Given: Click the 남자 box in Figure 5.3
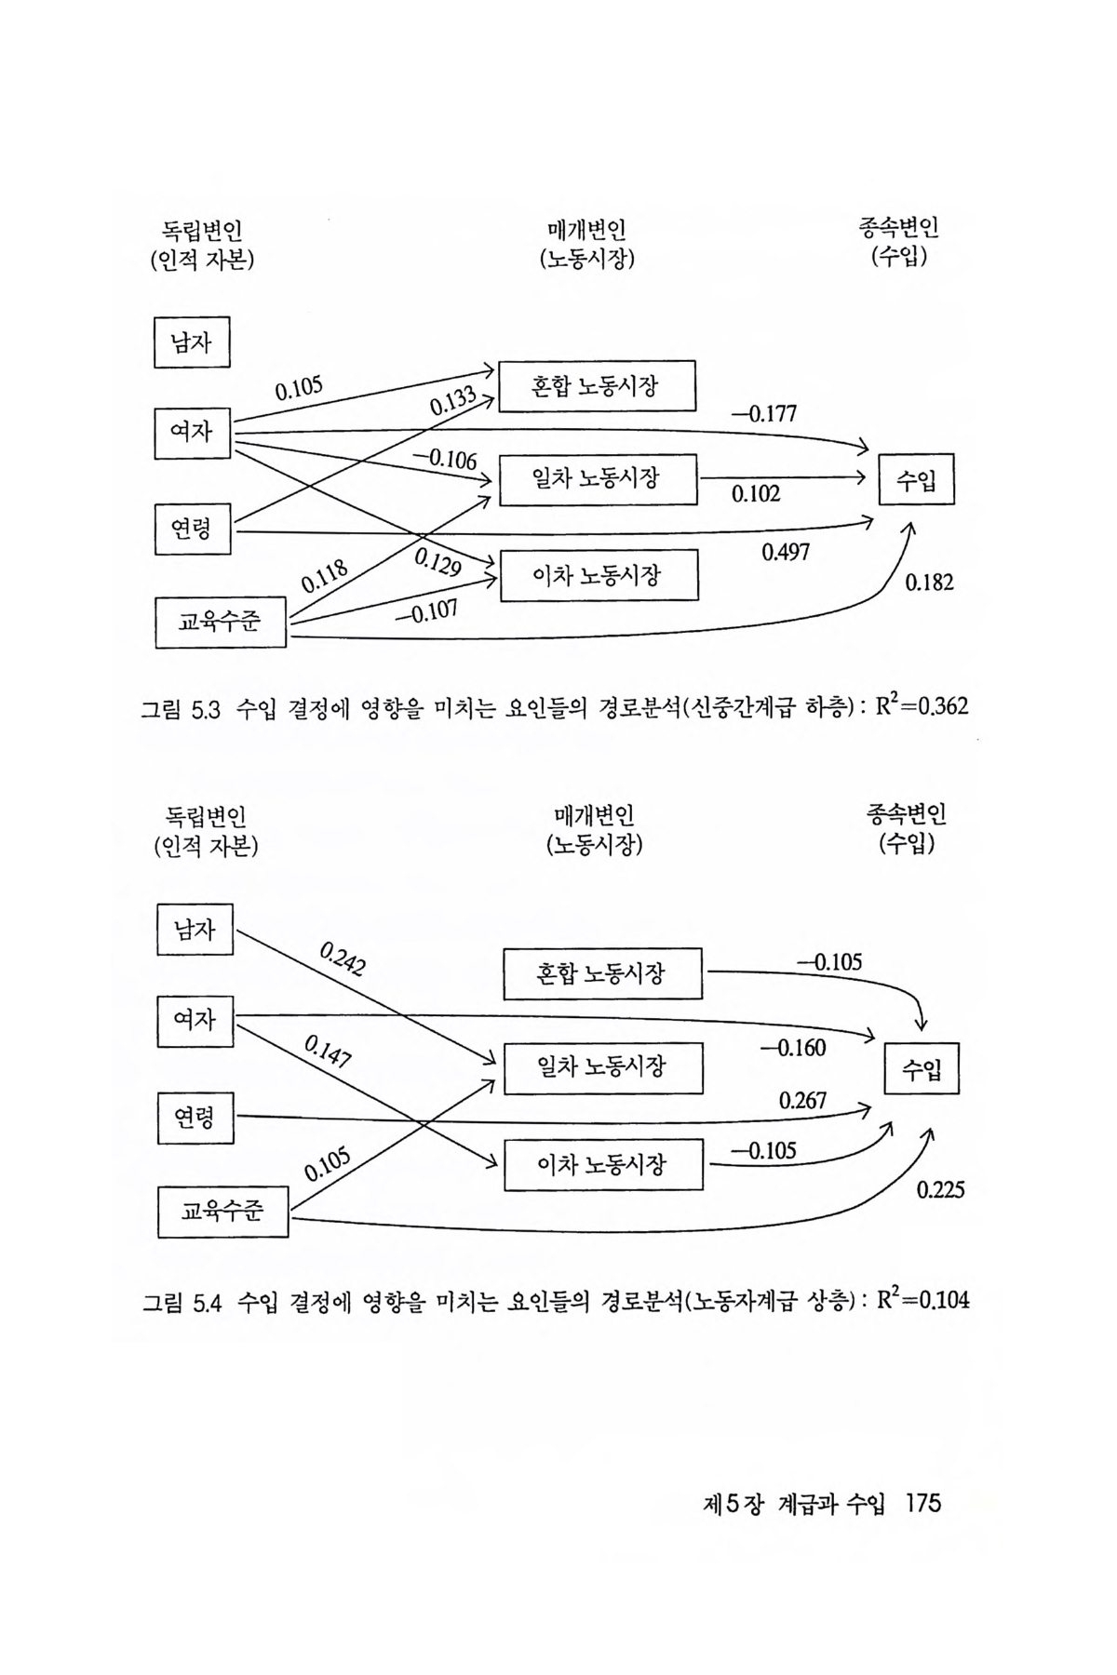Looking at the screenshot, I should point(191,342).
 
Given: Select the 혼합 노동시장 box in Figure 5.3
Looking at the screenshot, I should point(597,385).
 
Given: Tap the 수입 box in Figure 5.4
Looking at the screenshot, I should point(921,1068).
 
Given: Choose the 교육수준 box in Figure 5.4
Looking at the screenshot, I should point(222,1212).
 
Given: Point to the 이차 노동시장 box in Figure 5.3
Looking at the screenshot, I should point(599,575).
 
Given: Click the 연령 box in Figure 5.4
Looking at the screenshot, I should point(195,1117).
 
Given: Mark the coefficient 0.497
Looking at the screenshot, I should point(786,552).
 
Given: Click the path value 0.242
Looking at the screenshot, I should point(343,959).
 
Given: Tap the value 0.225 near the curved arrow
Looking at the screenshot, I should point(940,1189).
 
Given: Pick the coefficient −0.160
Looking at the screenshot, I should point(793,1049).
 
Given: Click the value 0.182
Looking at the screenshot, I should point(929,583).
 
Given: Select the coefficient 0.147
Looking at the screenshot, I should point(328,1052).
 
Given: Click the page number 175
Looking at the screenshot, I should point(922,1503).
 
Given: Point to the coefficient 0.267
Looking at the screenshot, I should point(802,1101).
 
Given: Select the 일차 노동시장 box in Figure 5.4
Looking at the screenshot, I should point(602,1066).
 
